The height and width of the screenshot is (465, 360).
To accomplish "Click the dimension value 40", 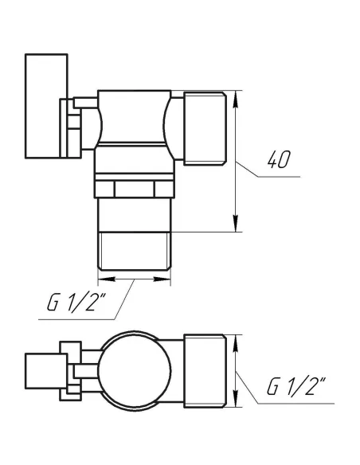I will tap(279, 160).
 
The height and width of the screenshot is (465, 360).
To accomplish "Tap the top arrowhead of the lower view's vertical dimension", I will tap(236, 340).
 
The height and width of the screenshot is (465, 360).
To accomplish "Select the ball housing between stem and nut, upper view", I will tap(134, 119).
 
